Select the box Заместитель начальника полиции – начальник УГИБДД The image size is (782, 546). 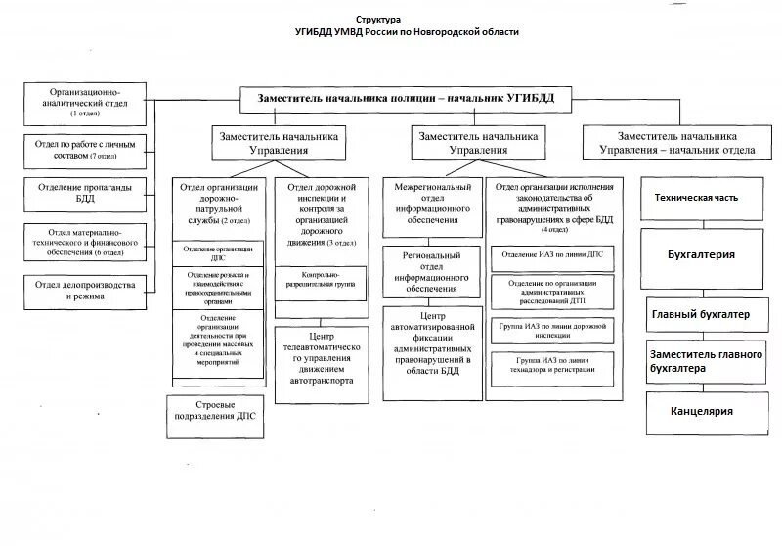coord(406,98)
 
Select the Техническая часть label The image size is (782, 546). coord(696,197)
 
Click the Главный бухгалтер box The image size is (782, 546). coord(701,314)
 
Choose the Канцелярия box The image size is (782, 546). coord(701,411)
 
